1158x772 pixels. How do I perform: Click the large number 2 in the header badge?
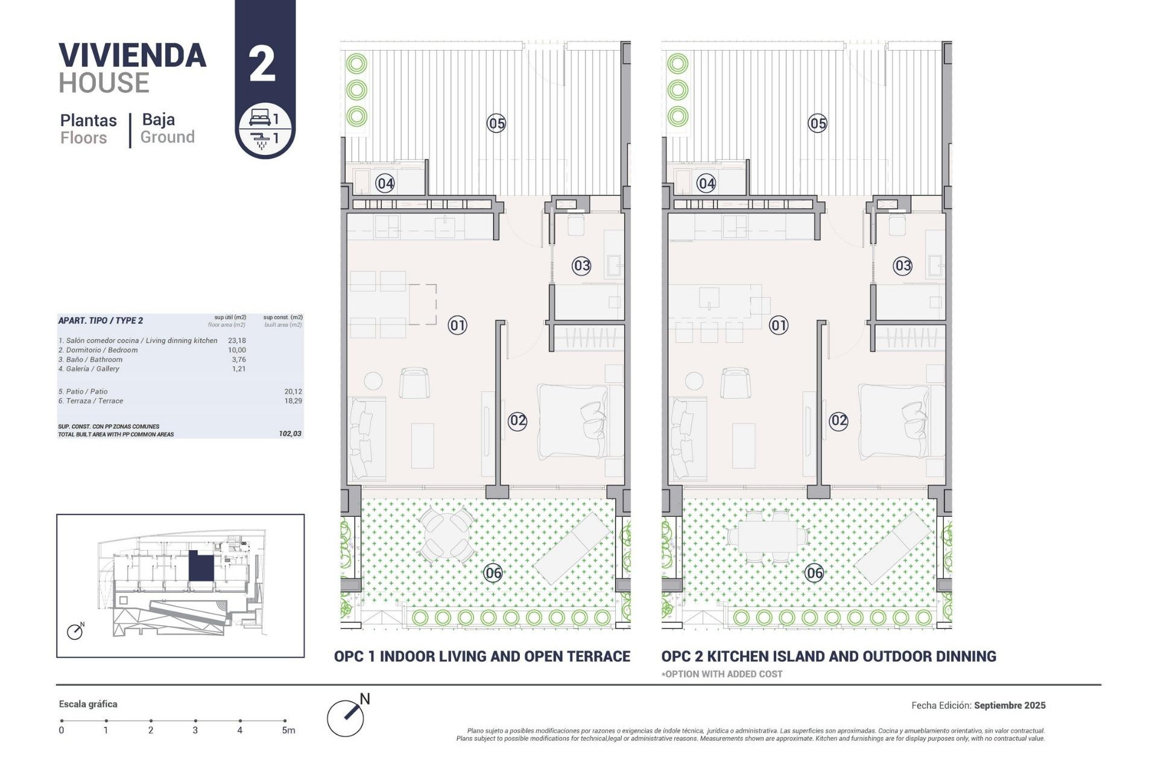(x=262, y=65)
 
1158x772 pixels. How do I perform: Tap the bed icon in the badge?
(x=260, y=117)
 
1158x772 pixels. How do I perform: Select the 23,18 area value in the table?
(x=236, y=340)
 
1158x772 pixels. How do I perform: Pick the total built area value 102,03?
(x=290, y=434)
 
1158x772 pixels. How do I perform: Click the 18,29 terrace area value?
(x=293, y=400)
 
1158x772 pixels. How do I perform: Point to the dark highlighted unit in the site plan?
(x=201, y=566)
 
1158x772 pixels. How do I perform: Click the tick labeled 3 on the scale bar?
(x=195, y=721)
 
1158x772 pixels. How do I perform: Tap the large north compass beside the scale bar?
(x=346, y=718)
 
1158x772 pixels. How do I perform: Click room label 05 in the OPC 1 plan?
(x=496, y=124)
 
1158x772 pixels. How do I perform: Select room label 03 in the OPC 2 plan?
(x=902, y=265)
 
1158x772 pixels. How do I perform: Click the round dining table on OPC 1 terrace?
(x=446, y=534)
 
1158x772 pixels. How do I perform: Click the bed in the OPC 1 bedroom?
(x=573, y=420)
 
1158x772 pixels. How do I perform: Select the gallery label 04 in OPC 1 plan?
(x=385, y=183)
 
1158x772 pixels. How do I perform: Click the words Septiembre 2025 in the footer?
(x=1009, y=705)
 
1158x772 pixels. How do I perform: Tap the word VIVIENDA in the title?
(x=133, y=55)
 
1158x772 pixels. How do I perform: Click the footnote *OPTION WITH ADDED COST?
(x=722, y=674)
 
